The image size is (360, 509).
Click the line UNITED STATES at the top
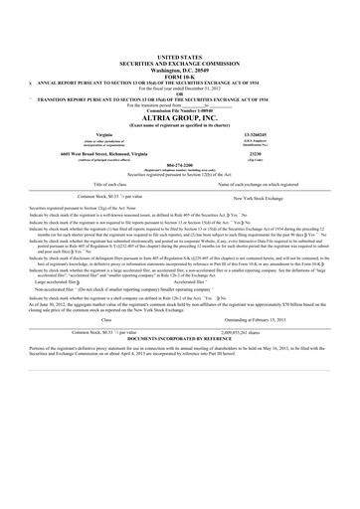pyautogui.click(x=179, y=60)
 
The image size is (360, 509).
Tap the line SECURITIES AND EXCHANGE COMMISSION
pyautogui.click(x=179, y=66)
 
